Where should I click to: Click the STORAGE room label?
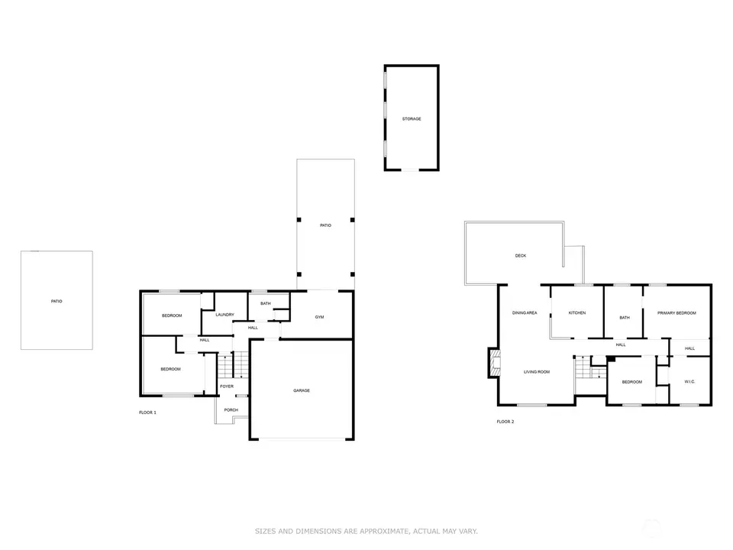[412, 119]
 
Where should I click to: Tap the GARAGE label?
[302, 390]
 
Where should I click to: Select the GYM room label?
[319, 317]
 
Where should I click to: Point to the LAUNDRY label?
[224, 315]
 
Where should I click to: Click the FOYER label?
[227, 387]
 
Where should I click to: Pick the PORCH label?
[231, 409]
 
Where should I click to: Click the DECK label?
[521, 256]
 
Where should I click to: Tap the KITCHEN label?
[577, 313]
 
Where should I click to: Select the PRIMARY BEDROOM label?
[676, 313]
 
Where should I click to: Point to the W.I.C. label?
[689, 382]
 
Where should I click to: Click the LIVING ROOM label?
[537, 372]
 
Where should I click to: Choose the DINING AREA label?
[525, 313]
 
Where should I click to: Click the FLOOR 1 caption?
[147, 412]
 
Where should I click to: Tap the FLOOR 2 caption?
[505, 422]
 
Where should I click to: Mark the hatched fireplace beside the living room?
[495, 363]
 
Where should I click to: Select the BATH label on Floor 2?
[625, 318]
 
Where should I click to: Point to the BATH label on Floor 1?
[266, 303]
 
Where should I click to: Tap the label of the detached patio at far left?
[57, 301]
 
